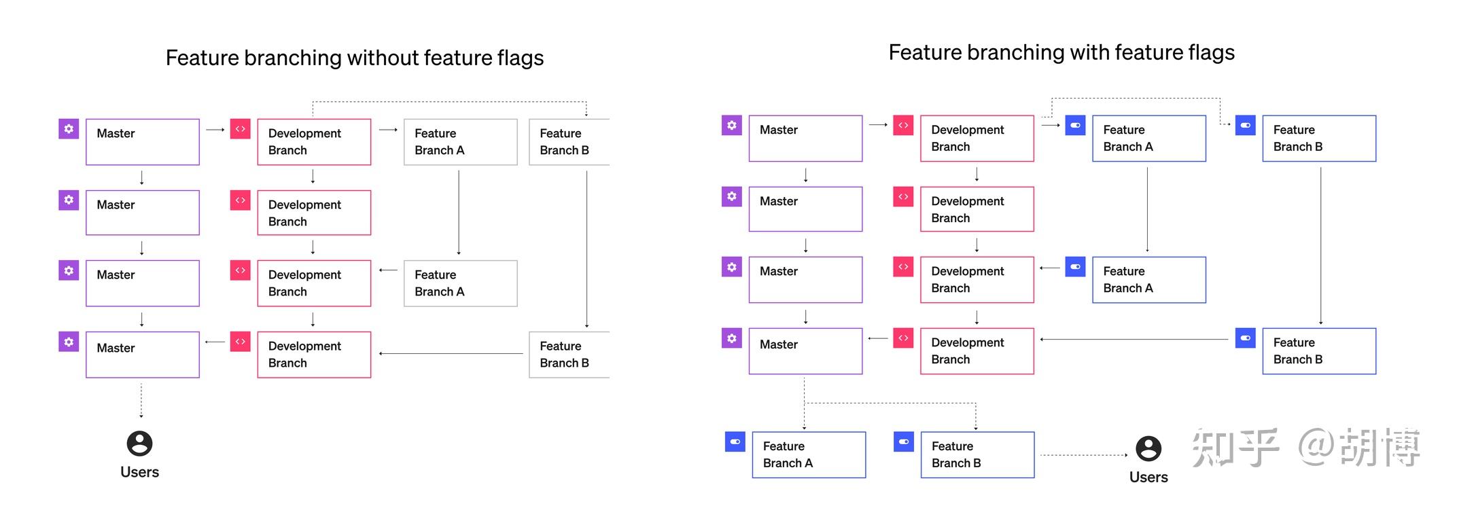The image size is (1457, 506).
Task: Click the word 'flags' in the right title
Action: [x=1208, y=52]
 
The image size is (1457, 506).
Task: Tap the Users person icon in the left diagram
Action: [x=140, y=444]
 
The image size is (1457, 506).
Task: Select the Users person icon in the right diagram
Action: [x=1148, y=448]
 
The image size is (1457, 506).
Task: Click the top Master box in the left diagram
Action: [x=143, y=142]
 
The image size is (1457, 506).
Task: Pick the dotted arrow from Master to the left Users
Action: [x=141, y=400]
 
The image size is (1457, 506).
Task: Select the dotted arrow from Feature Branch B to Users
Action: [x=1083, y=455]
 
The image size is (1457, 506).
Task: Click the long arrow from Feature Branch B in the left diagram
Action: [x=451, y=353]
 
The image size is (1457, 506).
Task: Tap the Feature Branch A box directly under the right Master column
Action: [x=809, y=454]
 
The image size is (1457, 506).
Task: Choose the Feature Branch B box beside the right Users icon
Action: [x=977, y=454]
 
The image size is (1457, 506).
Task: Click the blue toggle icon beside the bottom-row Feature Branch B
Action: [x=904, y=442]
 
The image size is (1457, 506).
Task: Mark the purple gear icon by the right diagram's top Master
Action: [x=731, y=125]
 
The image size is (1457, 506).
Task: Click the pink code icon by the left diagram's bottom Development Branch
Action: [x=241, y=342]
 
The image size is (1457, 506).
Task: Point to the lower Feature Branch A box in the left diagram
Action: [x=460, y=283]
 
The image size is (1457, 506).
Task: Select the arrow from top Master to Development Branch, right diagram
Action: [x=878, y=125]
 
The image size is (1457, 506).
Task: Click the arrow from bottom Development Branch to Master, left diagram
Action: [x=215, y=342]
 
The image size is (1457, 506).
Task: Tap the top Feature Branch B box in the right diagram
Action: [x=1318, y=139]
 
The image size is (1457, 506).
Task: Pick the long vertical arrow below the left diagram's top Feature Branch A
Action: [x=459, y=212]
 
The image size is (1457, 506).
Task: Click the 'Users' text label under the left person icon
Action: [x=140, y=472]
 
